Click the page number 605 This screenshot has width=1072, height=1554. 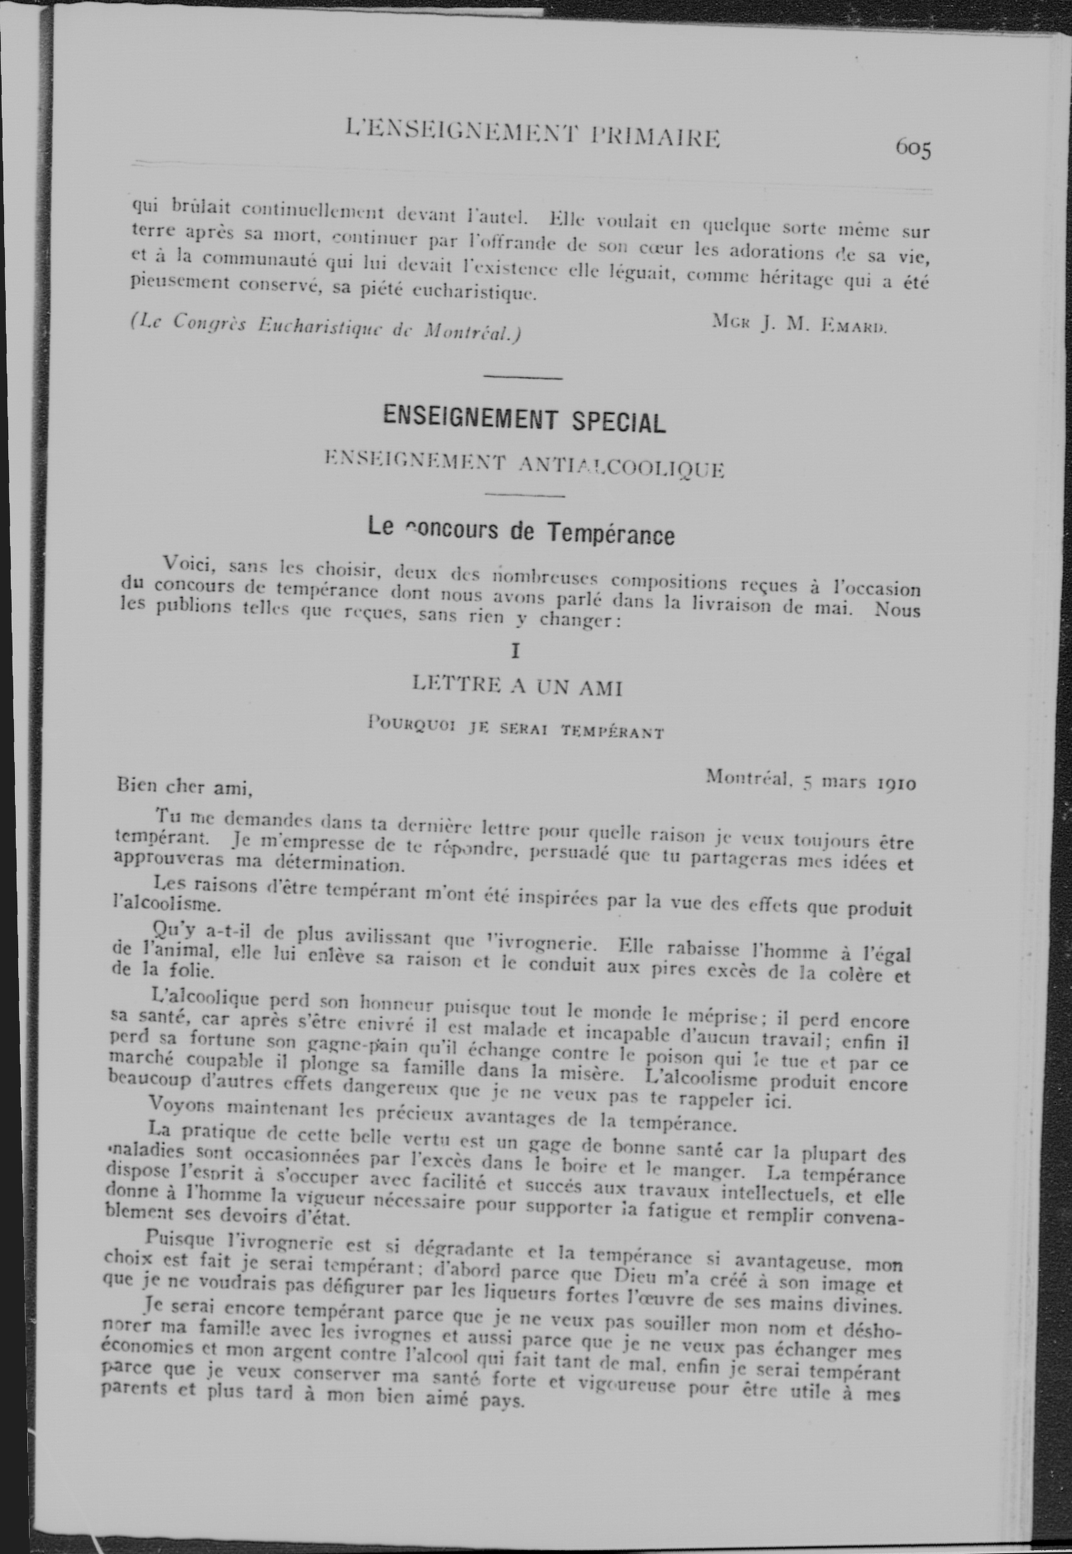[x=912, y=148]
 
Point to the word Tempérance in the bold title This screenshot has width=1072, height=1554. [x=609, y=533]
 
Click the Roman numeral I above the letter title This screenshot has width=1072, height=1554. [x=516, y=650]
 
